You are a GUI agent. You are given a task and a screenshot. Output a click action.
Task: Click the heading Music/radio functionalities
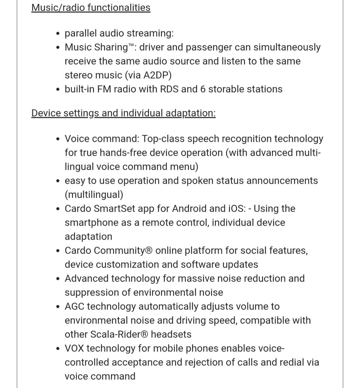[91, 7]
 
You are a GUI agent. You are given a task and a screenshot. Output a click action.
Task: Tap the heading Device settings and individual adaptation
[123, 113]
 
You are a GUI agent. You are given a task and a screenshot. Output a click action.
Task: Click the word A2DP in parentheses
[157, 75]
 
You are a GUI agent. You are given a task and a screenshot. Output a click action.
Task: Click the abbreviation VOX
[74, 348]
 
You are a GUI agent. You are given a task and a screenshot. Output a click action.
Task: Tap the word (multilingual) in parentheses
[94, 195]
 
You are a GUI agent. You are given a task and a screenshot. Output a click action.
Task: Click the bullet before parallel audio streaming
[57, 34]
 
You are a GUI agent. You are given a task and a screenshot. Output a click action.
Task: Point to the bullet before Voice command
[57, 139]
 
